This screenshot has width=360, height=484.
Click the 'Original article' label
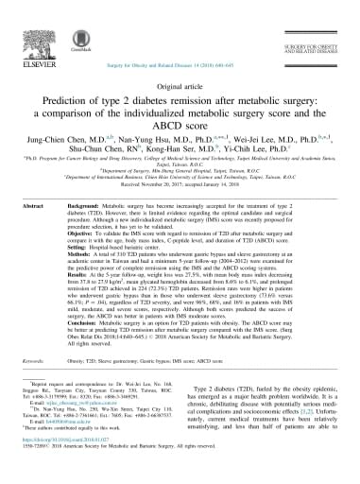[180, 84]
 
